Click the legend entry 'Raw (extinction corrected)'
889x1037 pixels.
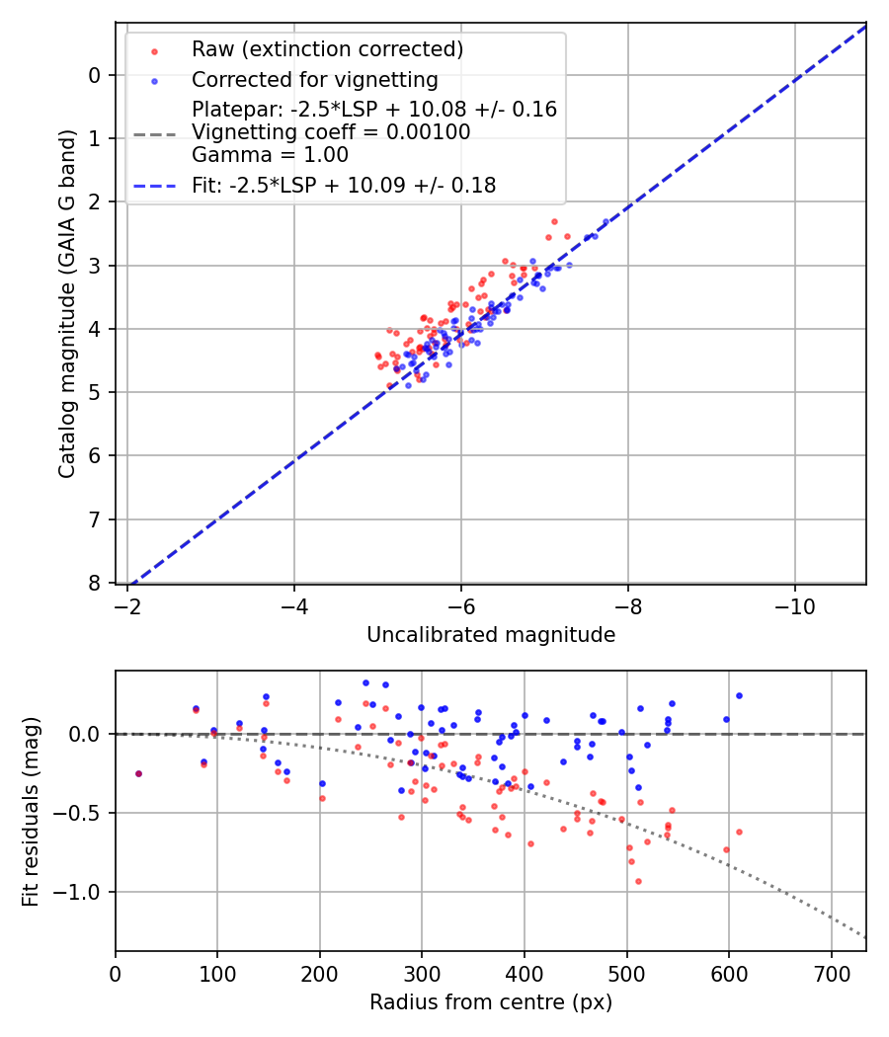coord(327,49)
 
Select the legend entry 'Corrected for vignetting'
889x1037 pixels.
coord(314,79)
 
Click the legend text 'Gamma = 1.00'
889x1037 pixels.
coord(270,154)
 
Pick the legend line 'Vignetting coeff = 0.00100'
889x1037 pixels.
coord(331,131)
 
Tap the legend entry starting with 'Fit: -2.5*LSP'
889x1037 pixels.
coord(344,184)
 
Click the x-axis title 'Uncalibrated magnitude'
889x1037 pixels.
coord(491,635)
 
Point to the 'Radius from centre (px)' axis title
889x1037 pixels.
coord(491,1002)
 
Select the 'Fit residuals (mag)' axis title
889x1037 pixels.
coord(31,811)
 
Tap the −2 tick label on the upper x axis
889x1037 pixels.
coord(126,605)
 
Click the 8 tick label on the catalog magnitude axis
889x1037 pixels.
coord(95,583)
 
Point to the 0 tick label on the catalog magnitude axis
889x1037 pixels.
coord(95,75)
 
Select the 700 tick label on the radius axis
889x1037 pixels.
coord(831,973)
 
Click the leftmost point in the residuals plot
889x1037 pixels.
coord(138,773)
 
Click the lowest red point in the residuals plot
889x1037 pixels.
coord(638,881)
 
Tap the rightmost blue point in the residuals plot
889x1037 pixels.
coord(739,695)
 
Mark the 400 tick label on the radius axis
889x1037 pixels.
coord(525,973)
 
